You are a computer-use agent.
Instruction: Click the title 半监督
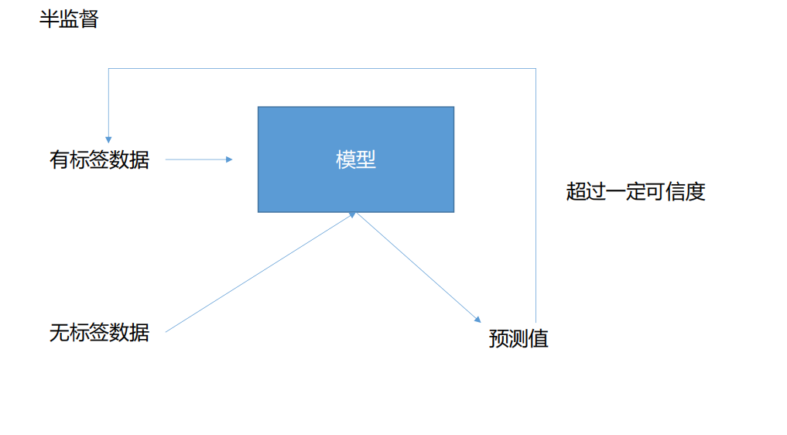tap(69, 19)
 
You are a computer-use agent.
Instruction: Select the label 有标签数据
tap(99, 160)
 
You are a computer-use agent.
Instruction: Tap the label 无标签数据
tap(99, 333)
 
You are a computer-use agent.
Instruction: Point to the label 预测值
tap(518, 339)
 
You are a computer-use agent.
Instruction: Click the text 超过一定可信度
tap(635, 191)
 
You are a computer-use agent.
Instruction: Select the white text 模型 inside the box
tap(355, 159)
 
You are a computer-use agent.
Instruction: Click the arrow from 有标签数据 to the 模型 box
tap(198, 159)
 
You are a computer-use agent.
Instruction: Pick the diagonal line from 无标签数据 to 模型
tap(259, 272)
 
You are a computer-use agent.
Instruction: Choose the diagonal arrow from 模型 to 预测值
tap(418, 267)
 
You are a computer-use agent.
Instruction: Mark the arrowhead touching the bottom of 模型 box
tap(353, 214)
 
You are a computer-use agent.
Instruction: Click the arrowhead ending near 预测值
tap(477, 319)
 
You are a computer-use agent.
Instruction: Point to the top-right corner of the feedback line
tap(536, 69)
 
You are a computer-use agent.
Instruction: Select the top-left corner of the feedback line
tap(108, 69)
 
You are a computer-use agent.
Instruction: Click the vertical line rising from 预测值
tap(536, 194)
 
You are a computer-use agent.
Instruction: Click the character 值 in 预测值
tap(539, 339)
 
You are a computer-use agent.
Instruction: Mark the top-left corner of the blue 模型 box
tap(258, 107)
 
